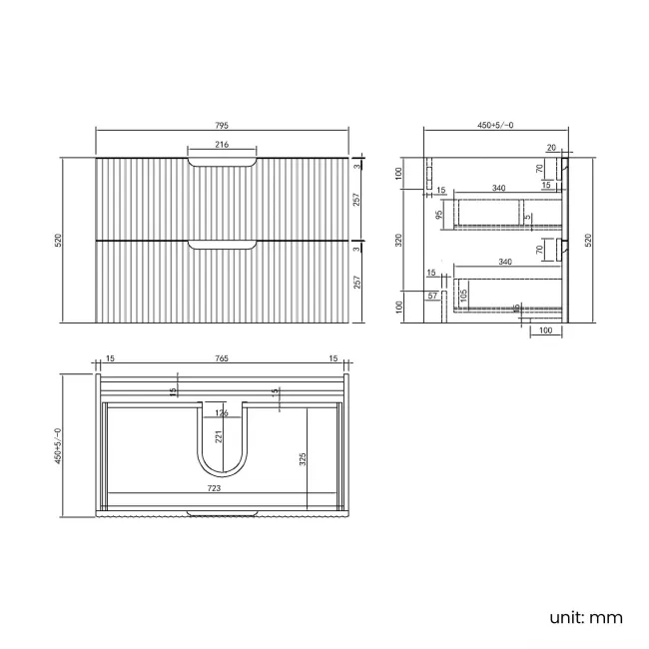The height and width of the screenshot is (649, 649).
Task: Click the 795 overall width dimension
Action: (x=222, y=126)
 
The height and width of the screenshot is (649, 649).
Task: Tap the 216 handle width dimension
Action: (x=222, y=146)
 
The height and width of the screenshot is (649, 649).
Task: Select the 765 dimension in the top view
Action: (x=222, y=358)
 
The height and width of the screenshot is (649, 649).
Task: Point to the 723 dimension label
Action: (x=215, y=488)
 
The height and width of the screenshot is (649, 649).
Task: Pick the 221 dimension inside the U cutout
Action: (x=216, y=436)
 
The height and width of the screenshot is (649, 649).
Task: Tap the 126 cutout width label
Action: (x=222, y=412)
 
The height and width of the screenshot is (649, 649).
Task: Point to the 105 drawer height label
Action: (x=464, y=295)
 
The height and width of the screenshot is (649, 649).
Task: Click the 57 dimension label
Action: (x=432, y=297)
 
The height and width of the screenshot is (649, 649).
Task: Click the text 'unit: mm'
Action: (x=587, y=617)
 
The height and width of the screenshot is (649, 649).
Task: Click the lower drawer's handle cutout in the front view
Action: (x=222, y=244)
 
